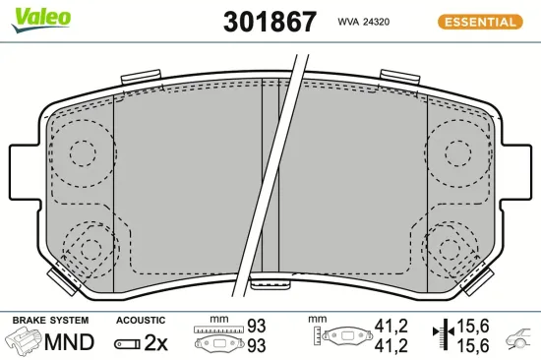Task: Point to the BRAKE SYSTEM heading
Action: coord(50,321)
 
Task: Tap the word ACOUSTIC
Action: coord(141,321)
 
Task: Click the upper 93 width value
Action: coord(256,325)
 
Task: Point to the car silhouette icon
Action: coord(518,342)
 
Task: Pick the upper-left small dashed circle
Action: coord(84,151)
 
